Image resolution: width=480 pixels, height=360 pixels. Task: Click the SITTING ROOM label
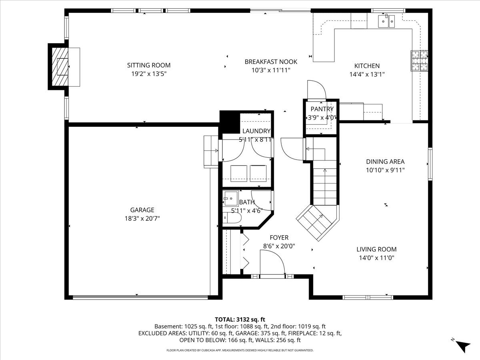(x=148, y=65)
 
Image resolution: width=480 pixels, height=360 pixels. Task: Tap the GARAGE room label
(x=142, y=210)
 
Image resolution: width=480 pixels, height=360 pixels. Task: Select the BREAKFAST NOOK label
(x=271, y=62)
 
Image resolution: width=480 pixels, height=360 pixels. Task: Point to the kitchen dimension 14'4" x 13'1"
(x=367, y=74)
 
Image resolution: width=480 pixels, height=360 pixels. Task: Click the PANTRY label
(x=322, y=109)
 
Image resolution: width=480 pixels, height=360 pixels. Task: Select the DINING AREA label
(x=385, y=162)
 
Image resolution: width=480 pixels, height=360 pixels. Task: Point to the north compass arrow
(x=464, y=346)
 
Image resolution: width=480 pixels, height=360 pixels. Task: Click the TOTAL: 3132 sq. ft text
(x=240, y=319)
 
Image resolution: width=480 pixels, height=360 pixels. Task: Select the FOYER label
(x=279, y=238)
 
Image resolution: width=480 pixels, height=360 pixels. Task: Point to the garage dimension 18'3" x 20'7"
(x=142, y=218)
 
